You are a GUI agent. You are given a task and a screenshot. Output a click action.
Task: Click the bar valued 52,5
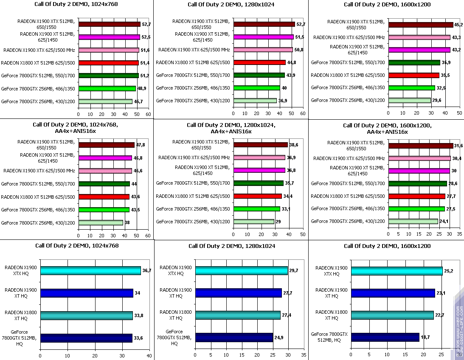tap(109, 37)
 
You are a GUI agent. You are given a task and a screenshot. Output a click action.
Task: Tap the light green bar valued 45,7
tap(105, 101)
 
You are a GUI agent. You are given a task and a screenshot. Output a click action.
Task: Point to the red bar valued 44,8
tap(259, 62)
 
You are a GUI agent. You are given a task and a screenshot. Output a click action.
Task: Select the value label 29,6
tap(437, 101)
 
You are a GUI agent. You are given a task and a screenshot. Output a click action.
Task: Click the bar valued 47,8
tap(106, 145)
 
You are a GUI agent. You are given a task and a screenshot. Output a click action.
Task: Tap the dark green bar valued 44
tap(104, 184)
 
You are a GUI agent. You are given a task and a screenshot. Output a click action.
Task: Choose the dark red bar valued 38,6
tap(260, 145)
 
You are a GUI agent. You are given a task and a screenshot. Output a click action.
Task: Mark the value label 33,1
tap(286, 209)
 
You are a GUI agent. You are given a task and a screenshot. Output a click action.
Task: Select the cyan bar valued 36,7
tap(90, 270)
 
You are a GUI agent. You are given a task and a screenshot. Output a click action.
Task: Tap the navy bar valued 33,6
tap(86, 338)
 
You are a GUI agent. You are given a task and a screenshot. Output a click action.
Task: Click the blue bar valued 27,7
tap(238, 293)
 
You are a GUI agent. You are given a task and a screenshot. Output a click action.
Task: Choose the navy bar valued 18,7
tap(385, 337)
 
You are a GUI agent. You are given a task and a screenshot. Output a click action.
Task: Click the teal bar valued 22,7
tap(392, 315)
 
